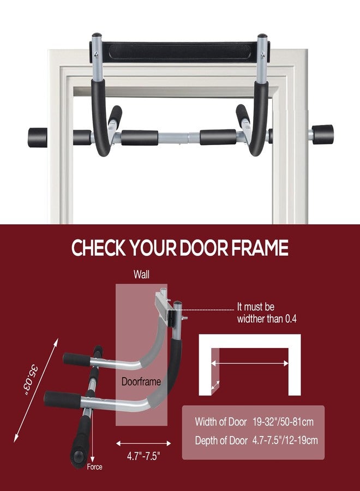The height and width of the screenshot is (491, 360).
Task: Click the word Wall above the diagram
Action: (x=141, y=274)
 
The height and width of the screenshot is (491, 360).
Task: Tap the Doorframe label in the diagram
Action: (x=141, y=381)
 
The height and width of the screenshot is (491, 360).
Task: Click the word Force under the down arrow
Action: (x=94, y=467)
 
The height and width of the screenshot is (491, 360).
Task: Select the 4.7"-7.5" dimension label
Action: (x=143, y=456)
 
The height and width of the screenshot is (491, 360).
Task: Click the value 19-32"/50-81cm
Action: (x=283, y=422)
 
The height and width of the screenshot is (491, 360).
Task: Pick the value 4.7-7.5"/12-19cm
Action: (x=285, y=440)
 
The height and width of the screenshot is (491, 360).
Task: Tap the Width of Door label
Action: (x=221, y=422)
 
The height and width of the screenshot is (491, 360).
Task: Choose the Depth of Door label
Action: (x=221, y=440)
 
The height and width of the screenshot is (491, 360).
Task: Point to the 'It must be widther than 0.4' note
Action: (x=267, y=313)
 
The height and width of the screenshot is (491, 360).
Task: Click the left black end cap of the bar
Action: (x=38, y=137)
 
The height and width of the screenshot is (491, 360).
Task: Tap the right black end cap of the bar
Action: (x=323, y=135)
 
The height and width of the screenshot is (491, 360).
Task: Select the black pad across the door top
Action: (x=179, y=51)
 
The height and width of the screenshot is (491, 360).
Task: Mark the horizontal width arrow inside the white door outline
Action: (x=250, y=363)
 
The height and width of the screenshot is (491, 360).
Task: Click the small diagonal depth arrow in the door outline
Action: (x=215, y=386)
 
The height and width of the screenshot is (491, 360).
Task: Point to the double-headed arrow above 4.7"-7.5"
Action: (x=143, y=444)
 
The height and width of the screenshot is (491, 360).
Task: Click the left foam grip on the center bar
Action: (x=140, y=138)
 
